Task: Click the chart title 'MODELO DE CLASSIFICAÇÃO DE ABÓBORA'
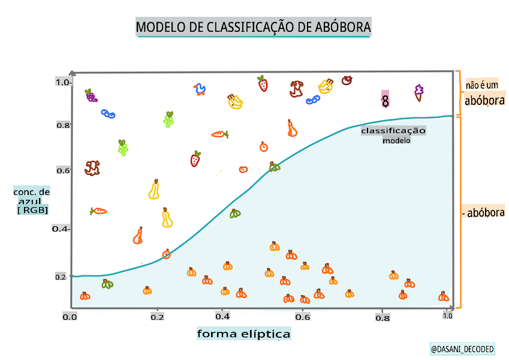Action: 254,27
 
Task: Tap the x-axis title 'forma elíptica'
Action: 244,334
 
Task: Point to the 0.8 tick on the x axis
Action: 382,318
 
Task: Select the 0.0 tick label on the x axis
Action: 70,316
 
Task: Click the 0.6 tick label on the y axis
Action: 63,170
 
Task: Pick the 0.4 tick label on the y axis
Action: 61,229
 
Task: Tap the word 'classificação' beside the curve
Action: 393,131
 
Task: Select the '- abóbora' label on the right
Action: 483,212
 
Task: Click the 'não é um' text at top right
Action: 482,86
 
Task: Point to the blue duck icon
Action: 200,90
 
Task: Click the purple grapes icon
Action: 91,95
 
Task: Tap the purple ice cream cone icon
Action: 418,92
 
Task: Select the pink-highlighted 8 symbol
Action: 385,100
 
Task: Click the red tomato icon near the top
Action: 347,80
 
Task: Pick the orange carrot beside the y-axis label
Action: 98,211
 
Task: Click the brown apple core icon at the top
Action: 296,89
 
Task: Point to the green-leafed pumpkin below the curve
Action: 107,284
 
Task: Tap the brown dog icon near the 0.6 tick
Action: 92,167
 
